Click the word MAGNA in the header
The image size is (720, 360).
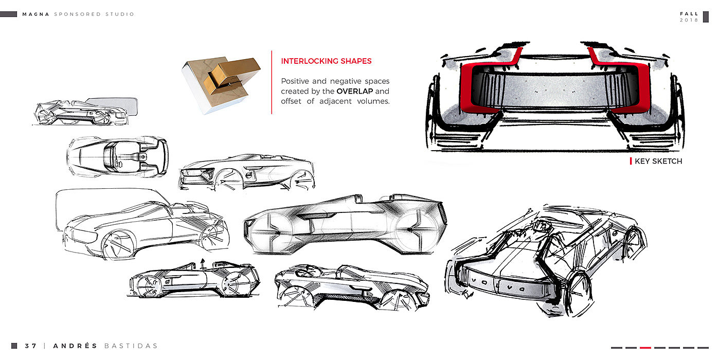(x=36, y=14)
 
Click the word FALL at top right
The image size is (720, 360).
(x=689, y=14)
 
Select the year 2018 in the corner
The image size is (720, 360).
(x=689, y=20)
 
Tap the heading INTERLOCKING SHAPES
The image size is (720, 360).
(x=326, y=61)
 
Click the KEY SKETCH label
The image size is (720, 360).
(x=658, y=161)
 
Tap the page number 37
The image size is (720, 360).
(x=31, y=346)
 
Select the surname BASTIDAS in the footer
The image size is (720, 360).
(x=131, y=346)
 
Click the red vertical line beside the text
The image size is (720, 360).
(x=272, y=82)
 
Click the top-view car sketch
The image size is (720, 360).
(x=117, y=157)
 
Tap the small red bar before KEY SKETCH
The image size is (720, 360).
(x=631, y=161)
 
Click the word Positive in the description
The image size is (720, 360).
(x=296, y=81)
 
